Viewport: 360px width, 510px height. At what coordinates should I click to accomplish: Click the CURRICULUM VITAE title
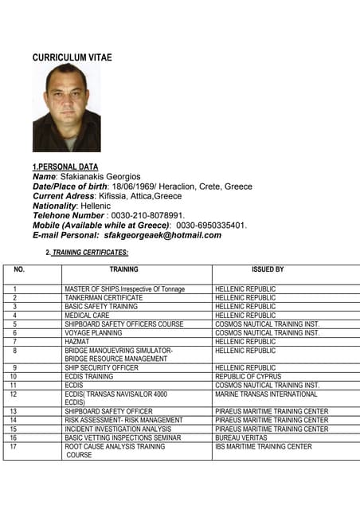(x=72, y=57)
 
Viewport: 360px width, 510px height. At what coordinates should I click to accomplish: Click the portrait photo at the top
(x=66, y=108)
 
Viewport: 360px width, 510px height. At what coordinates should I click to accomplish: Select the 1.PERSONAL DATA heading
(x=65, y=167)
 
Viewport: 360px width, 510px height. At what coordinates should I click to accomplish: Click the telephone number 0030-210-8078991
(x=148, y=215)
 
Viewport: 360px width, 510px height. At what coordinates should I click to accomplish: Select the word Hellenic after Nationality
(x=94, y=206)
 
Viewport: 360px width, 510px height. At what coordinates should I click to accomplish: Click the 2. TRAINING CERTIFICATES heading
(x=87, y=253)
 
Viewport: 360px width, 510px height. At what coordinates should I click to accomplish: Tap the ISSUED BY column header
(x=268, y=269)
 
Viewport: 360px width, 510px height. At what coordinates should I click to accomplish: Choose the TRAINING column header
(x=123, y=269)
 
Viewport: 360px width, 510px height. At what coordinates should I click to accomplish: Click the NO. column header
(x=19, y=269)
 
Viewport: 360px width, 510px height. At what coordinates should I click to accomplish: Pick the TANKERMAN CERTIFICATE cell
(x=104, y=297)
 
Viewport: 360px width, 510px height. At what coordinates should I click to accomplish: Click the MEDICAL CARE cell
(x=87, y=316)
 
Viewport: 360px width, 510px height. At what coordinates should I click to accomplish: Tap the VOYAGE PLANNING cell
(x=93, y=333)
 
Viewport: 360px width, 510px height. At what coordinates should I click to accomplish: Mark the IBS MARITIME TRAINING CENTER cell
(x=263, y=447)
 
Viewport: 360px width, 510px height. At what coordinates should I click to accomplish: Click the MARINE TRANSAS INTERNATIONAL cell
(x=266, y=394)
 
